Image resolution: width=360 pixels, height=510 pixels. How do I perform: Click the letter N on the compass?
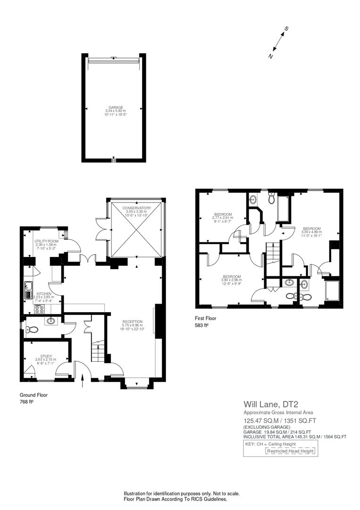tap(271, 56)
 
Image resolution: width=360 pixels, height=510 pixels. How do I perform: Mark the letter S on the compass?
tap(286, 29)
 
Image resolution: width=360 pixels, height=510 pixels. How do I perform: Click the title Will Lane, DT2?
tap(269, 404)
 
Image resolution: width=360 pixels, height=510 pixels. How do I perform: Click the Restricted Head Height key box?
tap(290, 451)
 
